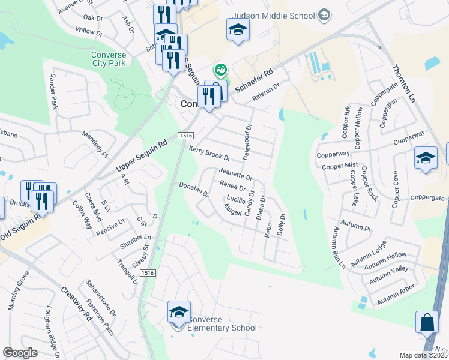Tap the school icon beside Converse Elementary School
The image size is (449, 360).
pyautogui.click(x=179, y=313)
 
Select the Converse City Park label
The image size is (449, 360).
pyautogui.click(x=109, y=59)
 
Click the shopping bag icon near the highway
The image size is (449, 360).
pyautogui.click(x=427, y=322)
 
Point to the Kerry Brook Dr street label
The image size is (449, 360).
pyautogui.click(x=209, y=154)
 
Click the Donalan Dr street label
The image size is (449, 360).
pyautogui.click(x=193, y=190)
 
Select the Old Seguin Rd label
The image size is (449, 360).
pyautogui.click(x=20, y=229)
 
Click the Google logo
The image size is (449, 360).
pyautogui.click(x=20, y=353)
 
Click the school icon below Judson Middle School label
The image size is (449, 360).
pyautogui.click(x=238, y=29)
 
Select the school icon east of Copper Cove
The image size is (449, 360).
pyautogui.click(x=426, y=158)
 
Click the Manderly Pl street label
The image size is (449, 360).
pyautogui.click(x=95, y=144)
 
